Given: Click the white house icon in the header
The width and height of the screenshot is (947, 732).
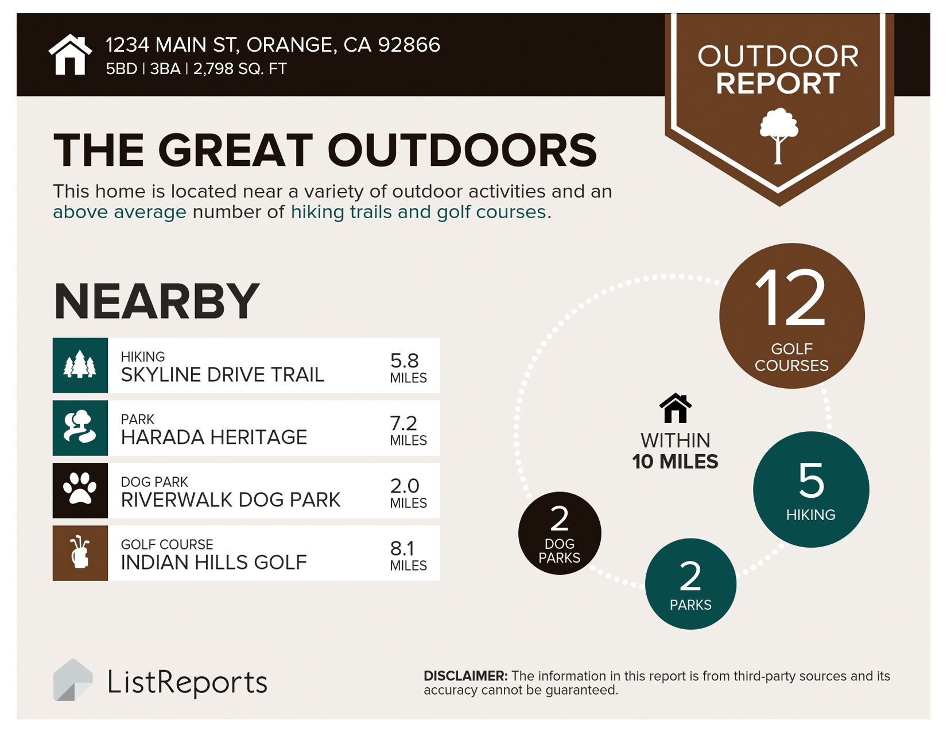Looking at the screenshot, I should (x=70, y=55).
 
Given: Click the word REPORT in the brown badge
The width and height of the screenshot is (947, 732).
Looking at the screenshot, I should (x=778, y=83).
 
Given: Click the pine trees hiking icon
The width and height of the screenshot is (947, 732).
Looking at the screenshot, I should (x=80, y=365).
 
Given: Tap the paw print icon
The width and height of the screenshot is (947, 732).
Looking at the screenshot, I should (x=80, y=490).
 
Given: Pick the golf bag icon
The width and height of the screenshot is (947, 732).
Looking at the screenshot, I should (x=80, y=552).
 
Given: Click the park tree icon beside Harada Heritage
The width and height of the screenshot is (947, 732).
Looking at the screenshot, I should (x=80, y=428).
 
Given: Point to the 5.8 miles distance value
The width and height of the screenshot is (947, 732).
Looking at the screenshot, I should (x=405, y=361).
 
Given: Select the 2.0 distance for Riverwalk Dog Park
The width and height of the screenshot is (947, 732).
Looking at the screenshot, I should (x=405, y=486).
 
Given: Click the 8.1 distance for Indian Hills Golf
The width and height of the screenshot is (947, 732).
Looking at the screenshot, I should (x=403, y=548).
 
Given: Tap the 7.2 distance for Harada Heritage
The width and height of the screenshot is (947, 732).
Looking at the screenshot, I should (x=403, y=423).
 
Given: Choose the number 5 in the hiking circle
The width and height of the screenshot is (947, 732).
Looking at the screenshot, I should (x=811, y=480).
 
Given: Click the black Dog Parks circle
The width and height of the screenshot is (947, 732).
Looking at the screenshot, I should (x=560, y=533).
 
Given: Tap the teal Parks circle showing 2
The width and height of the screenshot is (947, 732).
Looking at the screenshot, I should (x=690, y=583).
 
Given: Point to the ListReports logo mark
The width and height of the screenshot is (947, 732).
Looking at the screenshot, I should (x=72, y=680).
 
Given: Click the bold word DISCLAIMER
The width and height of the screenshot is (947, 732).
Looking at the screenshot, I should (x=465, y=676).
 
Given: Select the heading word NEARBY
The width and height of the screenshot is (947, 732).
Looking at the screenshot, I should (x=157, y=301).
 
